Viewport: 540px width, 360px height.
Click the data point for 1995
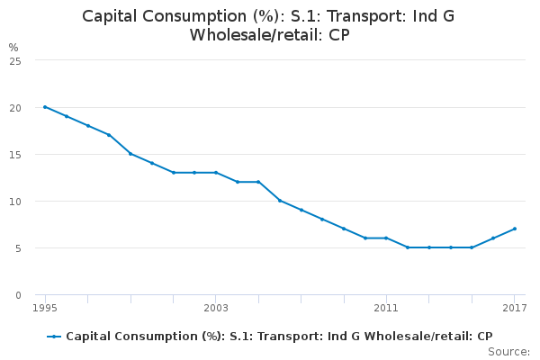point(45,107)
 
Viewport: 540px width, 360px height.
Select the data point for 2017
point(514,229)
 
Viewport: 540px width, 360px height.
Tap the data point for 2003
point(216,173)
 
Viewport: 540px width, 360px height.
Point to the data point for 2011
point(386,238)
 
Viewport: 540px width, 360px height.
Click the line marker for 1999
point(130,154)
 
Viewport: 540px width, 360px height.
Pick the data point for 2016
point(493,238)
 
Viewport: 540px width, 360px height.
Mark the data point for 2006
point(280,201)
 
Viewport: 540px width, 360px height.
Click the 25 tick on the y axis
point(15,60)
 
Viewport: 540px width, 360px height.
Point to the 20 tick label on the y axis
point(15,107)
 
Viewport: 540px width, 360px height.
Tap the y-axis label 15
point(15,154)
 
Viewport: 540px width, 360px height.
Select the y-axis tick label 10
point(15,201)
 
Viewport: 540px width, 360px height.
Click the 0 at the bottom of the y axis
point(18,294)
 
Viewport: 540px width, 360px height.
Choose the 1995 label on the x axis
point(45,308)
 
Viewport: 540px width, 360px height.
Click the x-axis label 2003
point(216,308)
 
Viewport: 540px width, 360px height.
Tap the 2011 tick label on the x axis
point(386,308)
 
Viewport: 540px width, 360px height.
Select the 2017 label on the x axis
point(514,308)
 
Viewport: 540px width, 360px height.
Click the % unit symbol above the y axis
point(13,47)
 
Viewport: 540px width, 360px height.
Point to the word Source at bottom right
point(509,351)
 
